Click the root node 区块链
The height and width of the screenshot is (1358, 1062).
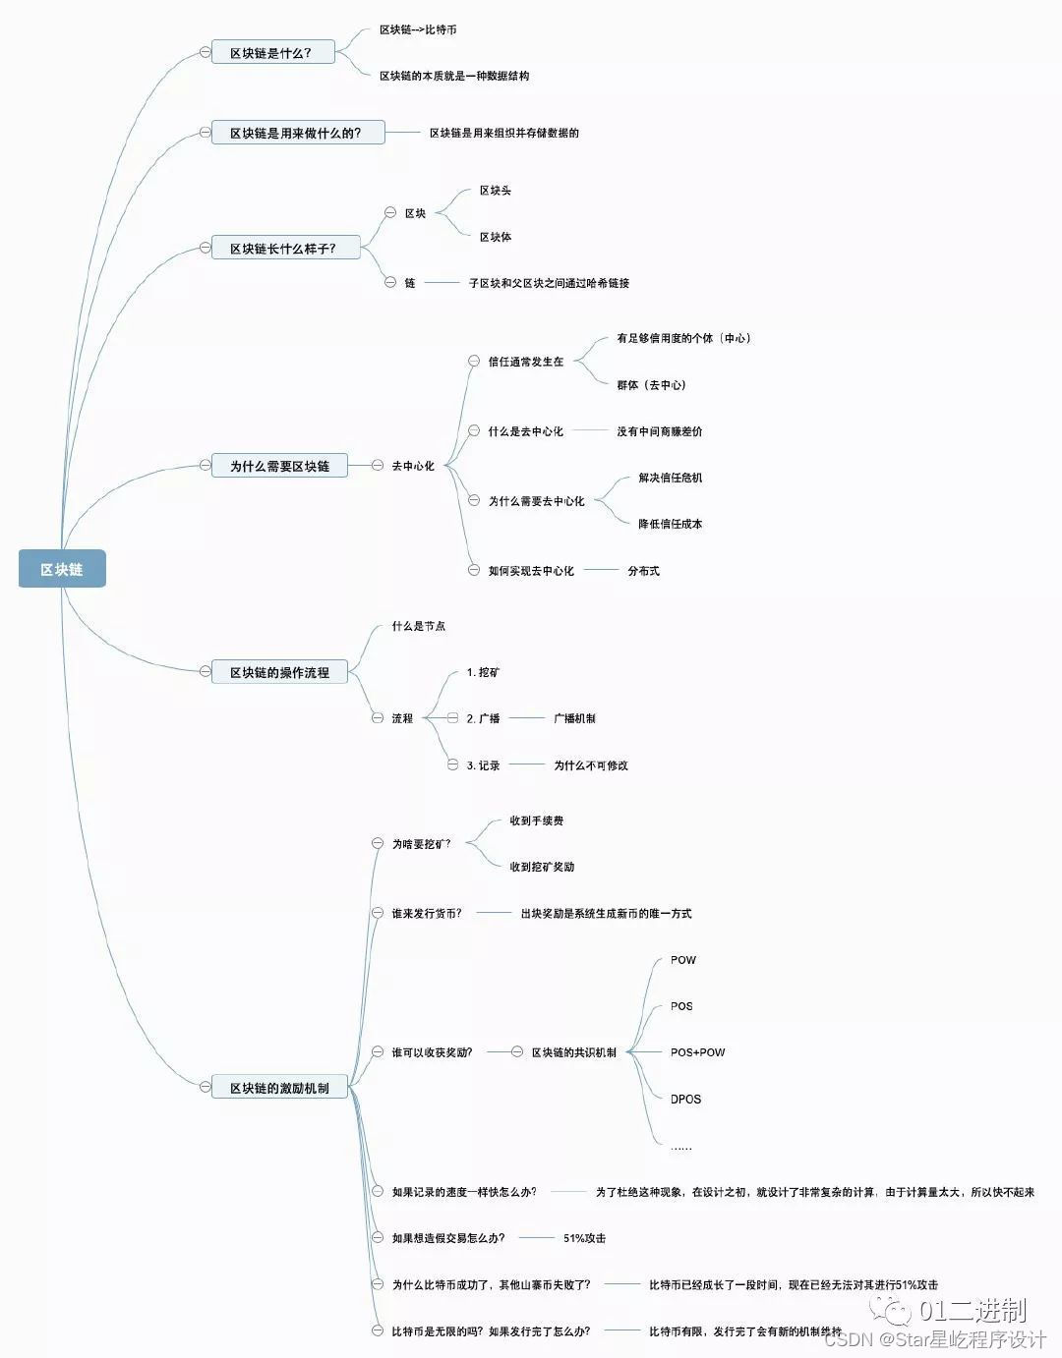62,569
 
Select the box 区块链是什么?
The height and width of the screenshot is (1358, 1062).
272,52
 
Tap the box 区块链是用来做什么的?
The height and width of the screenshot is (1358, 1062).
297,133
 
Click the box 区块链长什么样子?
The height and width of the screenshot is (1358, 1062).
284,249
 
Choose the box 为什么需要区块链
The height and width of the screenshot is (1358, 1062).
280,466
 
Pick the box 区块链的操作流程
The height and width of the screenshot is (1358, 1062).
280,672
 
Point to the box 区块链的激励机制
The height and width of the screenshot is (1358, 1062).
280,1088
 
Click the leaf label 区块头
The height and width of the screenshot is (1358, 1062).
496,191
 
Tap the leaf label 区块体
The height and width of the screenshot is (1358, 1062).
496,237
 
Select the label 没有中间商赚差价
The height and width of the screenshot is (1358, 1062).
660,431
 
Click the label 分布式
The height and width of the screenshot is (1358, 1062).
644,571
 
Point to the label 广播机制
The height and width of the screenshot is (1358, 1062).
574,718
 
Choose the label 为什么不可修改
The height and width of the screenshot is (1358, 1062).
591,765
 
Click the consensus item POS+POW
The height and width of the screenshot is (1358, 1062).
698,1052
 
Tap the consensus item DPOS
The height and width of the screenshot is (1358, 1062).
686,1099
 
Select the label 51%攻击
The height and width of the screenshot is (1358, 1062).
585,1238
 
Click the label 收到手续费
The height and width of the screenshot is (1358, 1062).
537,820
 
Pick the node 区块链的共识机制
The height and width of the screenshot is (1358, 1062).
574,1052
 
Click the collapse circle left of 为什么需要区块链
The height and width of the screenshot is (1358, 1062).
205,466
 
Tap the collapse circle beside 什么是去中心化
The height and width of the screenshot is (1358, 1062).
474,431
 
